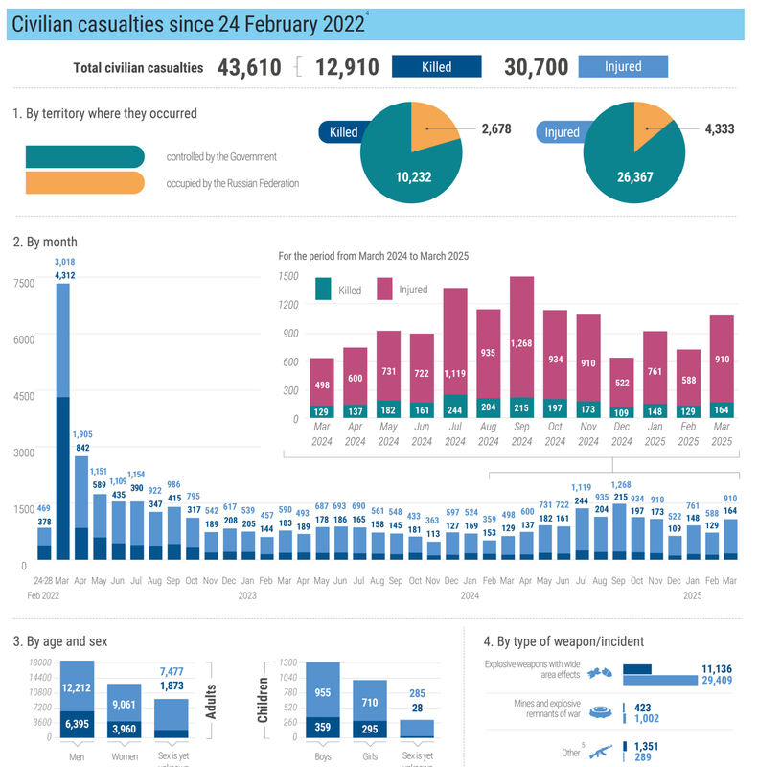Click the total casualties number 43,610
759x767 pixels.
pos(249,67)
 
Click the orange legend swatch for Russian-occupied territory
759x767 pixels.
pos(85,182)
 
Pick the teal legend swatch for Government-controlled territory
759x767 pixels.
pos(85,156)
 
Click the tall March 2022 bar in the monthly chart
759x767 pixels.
pos(63,422)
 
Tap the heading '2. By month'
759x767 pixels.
pos(45,242)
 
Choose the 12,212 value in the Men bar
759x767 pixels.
pos(76,686)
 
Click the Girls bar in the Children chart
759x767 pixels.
pos(369,709)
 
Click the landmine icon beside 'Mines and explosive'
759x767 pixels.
pos(601,711)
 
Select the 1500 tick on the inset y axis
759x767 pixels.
pos(288,276)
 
